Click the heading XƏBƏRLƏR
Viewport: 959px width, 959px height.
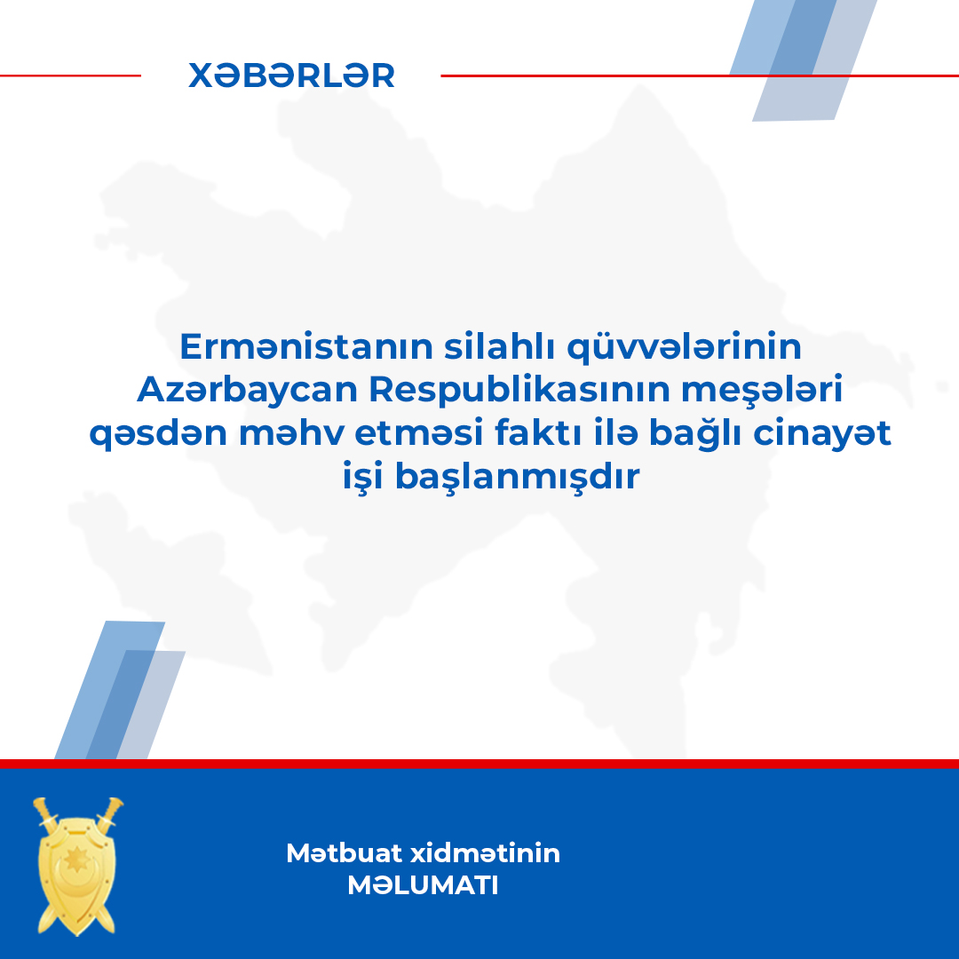[291, 75]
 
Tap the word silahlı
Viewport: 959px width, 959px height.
[500, 346]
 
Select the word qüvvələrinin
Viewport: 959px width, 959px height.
[684, 347]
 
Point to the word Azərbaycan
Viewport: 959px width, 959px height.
[247, 390]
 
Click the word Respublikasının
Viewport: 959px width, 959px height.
[519, 390]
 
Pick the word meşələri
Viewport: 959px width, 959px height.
[762, 390]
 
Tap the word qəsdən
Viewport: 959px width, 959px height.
[158, 434]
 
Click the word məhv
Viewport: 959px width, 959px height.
[291, 433]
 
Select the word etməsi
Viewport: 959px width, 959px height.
[419, 433]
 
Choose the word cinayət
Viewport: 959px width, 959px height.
[821, 434]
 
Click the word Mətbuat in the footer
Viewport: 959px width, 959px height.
[344, 853]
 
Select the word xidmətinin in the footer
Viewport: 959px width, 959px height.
[485, 853]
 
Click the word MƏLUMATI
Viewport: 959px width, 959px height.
[423, 885]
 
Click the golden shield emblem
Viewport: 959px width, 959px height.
[77, 867]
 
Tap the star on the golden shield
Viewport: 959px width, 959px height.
[77, 860]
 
